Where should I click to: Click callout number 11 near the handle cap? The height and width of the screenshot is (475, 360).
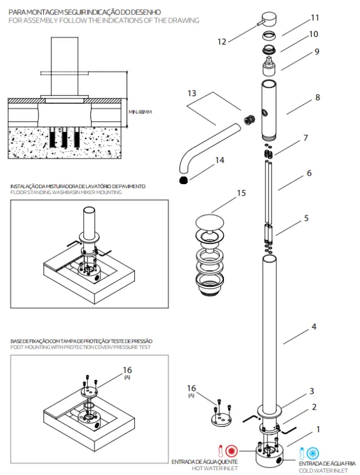coord(315,17)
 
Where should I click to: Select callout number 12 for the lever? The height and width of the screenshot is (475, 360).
coord(222,42)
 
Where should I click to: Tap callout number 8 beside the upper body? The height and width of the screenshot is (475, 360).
coord(317,97)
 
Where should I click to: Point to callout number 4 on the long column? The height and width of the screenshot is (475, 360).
coord(314,327)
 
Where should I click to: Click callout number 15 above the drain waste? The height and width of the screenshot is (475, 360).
coord(241,193)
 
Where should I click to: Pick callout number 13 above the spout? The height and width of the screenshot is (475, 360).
coord(191,93)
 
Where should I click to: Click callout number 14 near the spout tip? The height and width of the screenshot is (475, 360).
coord(220,160)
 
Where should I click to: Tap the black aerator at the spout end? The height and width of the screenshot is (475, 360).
coord(184,179)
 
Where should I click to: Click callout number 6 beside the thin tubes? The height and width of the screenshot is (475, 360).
coord(309,173)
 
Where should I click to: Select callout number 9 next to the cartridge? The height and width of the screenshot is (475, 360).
coord(317,51)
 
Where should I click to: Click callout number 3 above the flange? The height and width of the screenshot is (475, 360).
coord(311,391)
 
